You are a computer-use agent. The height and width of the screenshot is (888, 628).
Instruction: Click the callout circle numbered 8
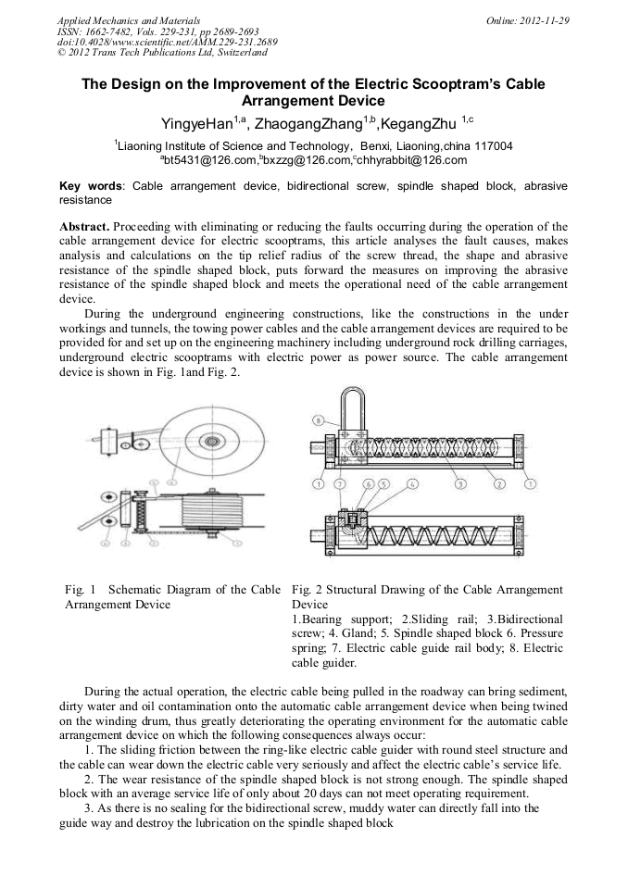point(319,420)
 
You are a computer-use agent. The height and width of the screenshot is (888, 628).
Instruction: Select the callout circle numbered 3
point(461,484)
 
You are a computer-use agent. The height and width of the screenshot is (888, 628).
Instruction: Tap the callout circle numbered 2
point(499,484)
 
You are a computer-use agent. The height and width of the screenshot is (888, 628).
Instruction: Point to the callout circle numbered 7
point(340,484)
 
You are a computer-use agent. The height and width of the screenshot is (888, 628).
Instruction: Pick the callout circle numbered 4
point(413,484)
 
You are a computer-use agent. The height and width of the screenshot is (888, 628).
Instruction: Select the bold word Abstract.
point(84,227)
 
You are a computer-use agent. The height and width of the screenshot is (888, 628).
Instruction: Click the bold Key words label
point(91,186)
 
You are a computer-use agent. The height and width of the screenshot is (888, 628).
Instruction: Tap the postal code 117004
point(493,146)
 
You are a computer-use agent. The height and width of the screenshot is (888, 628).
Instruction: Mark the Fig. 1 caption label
point(80,590)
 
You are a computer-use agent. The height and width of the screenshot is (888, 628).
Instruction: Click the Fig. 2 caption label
point(307,590)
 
